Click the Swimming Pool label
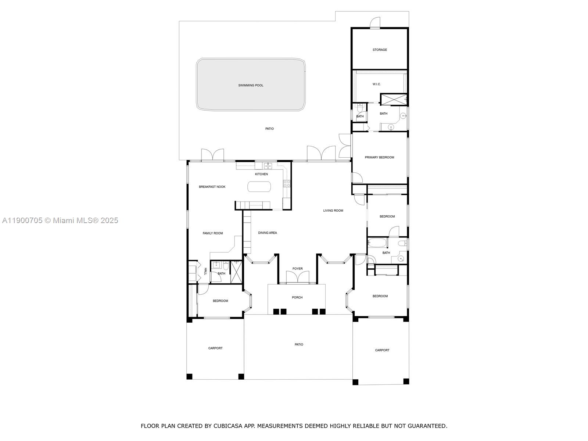251,85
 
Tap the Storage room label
380,50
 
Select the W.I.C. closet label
376,84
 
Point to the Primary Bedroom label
379,157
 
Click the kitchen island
259,187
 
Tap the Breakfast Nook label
212,187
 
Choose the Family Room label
213,233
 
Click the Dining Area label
267,233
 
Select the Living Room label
333,211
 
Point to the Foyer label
297,269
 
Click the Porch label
297,297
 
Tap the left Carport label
215,348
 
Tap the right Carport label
382,350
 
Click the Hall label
205,271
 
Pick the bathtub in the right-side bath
377,243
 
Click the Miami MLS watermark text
60,220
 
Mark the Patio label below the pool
269,129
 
